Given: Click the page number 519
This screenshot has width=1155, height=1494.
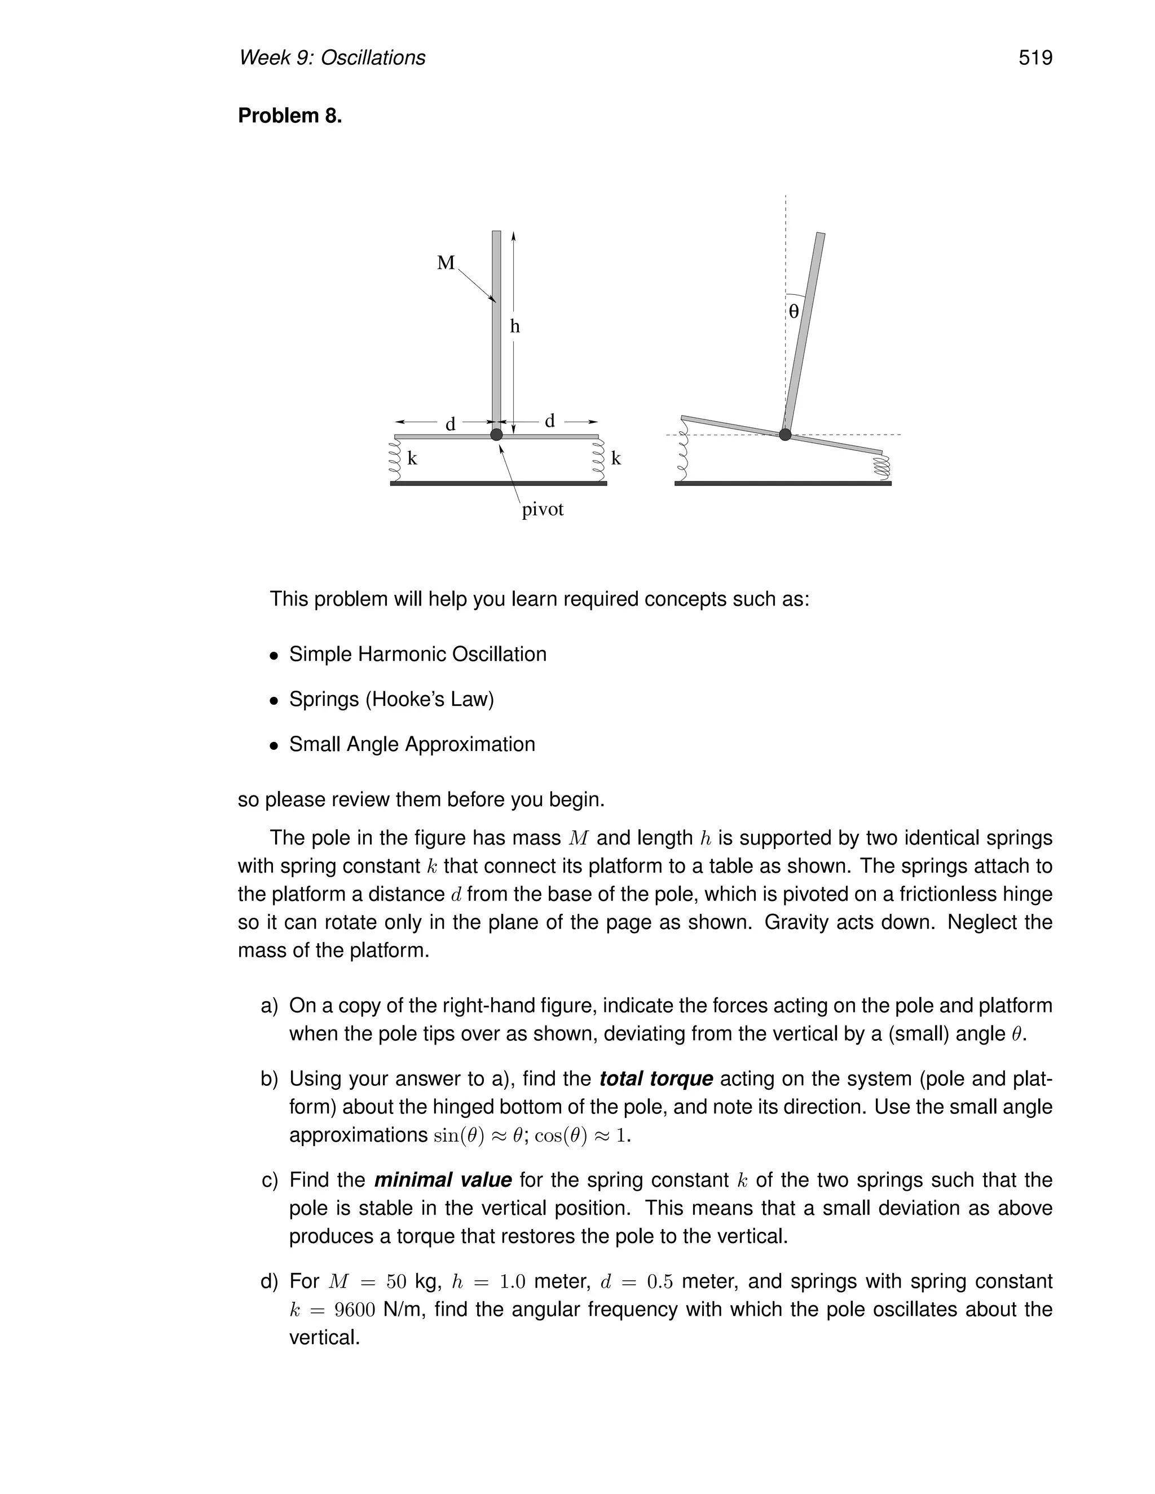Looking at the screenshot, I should pyautogui.click(x=1034, y=58).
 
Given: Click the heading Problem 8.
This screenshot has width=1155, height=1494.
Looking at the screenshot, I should pyautogui.click(x=289, y=116).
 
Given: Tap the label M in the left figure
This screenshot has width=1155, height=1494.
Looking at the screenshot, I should pyautogui.click(x=446, y=263).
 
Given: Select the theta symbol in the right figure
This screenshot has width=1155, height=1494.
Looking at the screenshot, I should pyautogui.click(x=793, y=312).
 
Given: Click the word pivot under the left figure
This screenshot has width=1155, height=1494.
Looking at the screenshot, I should pyautogui.click(x=543, y=510).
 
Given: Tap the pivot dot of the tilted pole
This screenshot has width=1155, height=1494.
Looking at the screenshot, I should pyautogui.click(x=785, y=434).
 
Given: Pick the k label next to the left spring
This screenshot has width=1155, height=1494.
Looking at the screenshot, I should pyautogui.click(x=412, y=459).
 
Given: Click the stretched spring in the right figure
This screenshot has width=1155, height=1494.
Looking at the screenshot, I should pyautogui.click(x=682, y=451).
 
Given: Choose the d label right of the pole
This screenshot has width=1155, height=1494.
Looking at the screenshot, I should pyautogui.click(x=549, y=421).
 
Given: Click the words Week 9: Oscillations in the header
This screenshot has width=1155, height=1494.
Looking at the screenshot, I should pyautogui.click(x=332, y=58).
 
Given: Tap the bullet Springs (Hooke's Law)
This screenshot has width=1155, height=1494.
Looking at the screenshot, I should pyautogui.click(x=391, y=700).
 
